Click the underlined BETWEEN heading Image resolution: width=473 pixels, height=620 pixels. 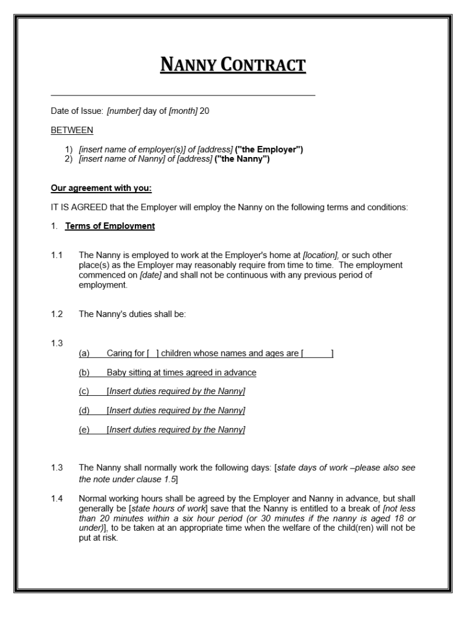pyautogui.click(x=72, y=130)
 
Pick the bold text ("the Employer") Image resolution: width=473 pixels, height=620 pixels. pyautogui.click(x=269, y=150)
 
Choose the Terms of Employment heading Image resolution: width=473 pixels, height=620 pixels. pyautogui.click(x=110, y=226)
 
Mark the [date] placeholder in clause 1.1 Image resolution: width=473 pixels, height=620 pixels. pyautogui.click(x=151, y=275)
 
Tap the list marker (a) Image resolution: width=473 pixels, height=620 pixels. pyautogui.click(x=84, y=353)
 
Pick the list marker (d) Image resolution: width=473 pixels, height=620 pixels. pyautogui.click(x=84, y=410)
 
